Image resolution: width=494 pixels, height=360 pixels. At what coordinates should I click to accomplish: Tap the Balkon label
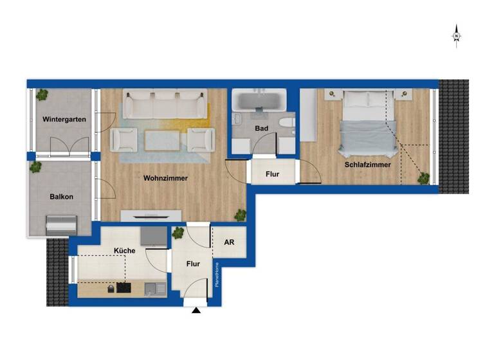(x=62, y=197)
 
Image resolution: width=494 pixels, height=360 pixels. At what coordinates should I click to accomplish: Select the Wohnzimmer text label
(x=166, y=178)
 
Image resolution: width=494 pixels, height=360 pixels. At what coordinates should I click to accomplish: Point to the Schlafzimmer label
(x=367, y=165)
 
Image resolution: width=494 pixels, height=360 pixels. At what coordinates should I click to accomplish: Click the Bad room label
(x=261, y=129)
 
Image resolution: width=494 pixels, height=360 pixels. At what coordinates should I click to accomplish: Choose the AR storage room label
(x=229, y=243)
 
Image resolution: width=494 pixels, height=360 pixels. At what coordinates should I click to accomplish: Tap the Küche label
(x=123, y=251)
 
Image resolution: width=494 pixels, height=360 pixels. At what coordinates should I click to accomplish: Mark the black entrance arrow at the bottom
(x=196, y=311)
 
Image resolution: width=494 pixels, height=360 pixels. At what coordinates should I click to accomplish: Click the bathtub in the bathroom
(x=260, y=101)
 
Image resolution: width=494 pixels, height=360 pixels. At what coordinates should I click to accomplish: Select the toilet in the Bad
(x=286, y=123)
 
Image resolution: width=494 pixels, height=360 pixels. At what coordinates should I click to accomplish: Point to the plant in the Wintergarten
(x=42, y=94)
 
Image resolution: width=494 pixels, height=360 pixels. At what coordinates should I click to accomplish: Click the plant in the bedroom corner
(x=423, y=178)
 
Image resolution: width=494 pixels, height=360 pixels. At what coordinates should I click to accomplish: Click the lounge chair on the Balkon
(x=61, y=224)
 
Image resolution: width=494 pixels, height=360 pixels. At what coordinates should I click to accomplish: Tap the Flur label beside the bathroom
(x=272, y=174)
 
